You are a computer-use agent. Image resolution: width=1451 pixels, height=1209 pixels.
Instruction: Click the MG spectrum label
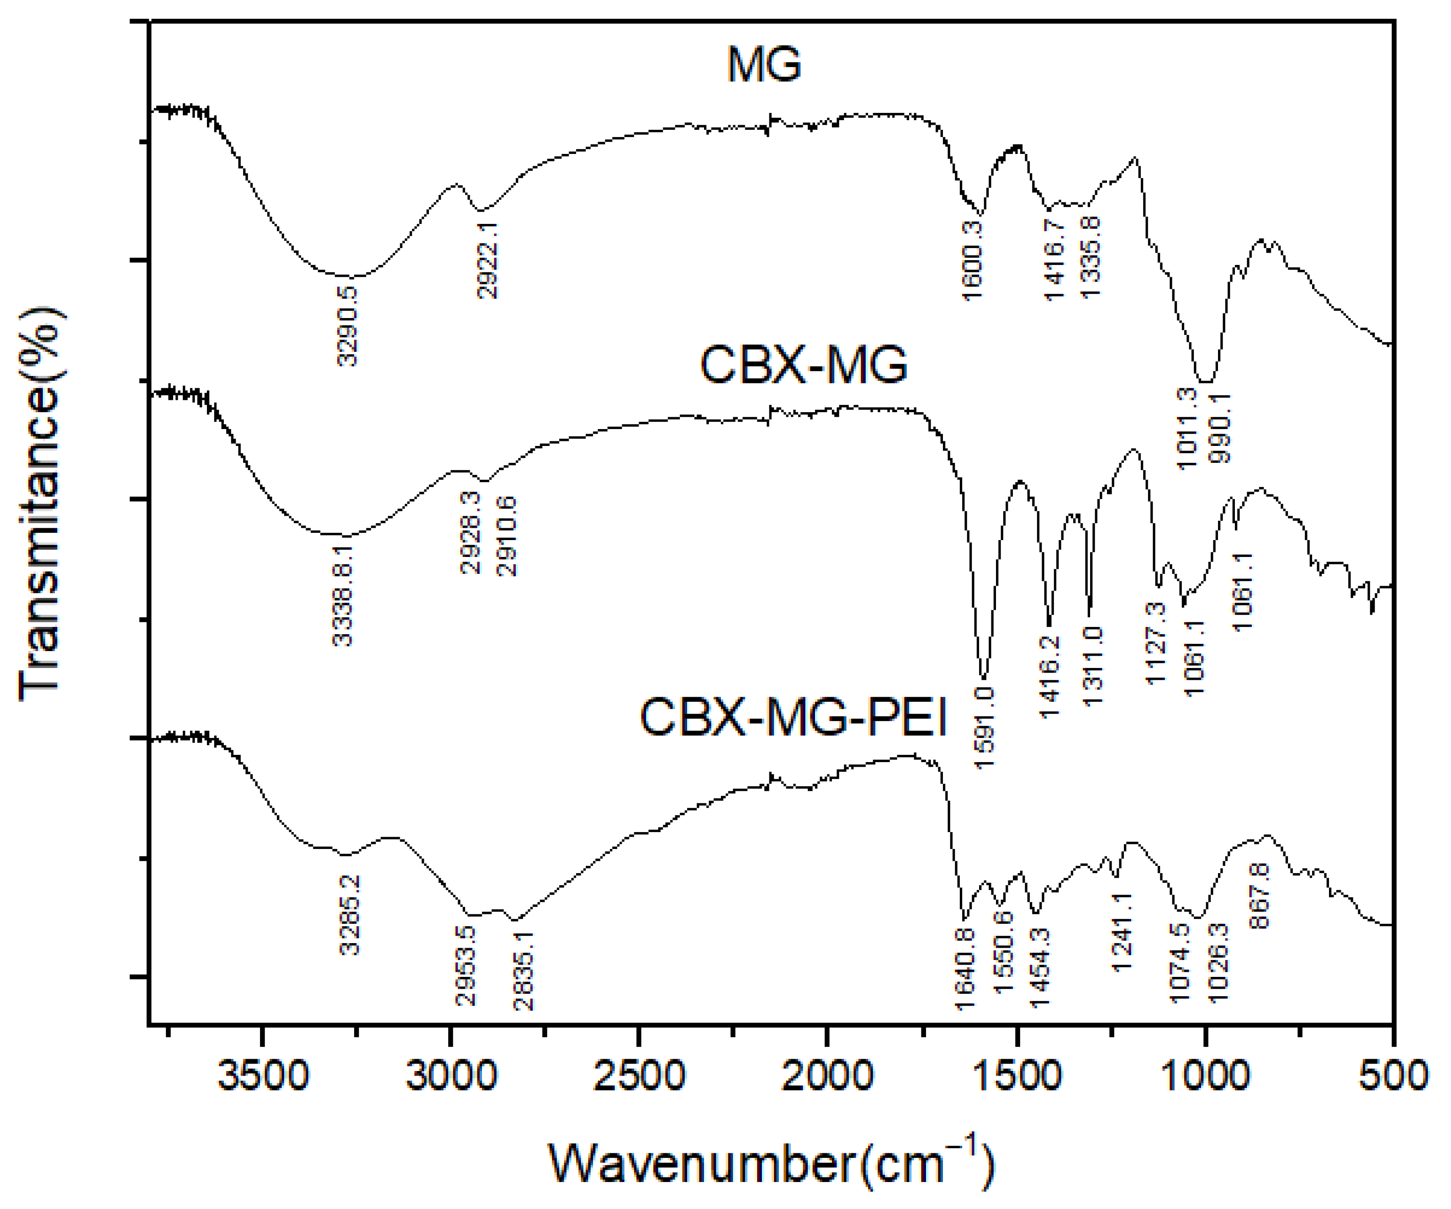[x=763, y=66]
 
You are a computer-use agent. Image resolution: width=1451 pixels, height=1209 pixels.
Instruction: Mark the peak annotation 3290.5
[x=348, y=326]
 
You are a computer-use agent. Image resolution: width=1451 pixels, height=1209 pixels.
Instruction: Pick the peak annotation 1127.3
[x=1156, y=642]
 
